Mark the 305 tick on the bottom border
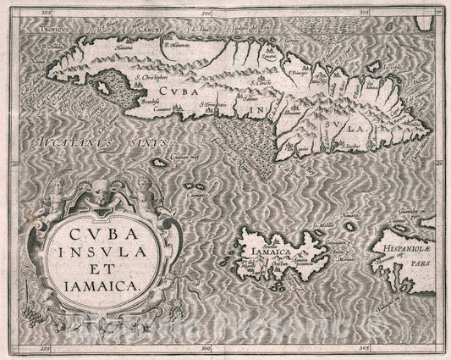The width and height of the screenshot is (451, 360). point(364,347)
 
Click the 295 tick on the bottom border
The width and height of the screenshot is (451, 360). point(34,347)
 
